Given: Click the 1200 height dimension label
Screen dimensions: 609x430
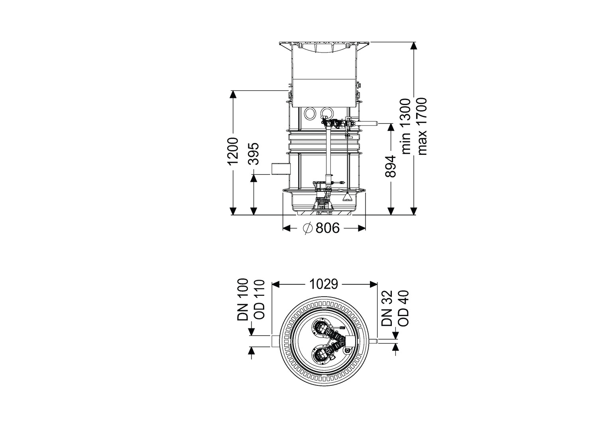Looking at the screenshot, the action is click(x=234, y=151).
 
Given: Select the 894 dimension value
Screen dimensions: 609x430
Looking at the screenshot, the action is click(x=391, y=166).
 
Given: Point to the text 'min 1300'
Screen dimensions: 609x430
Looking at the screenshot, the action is click(x=406, y=126).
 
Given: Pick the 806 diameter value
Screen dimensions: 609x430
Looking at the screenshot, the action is click(x=328, y=228).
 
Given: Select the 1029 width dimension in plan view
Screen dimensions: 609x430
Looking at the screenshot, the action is click(x=324, y=284).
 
